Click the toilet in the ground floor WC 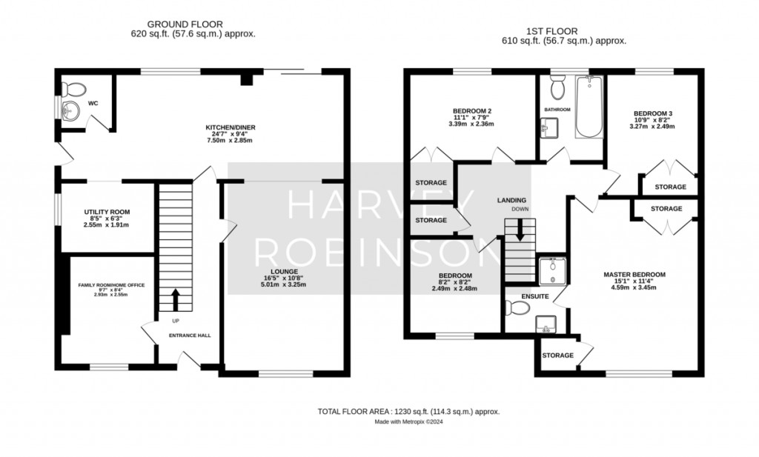(74, 90)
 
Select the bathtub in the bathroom (589, 107)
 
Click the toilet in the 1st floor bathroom (558, 87)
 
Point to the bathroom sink (549, 127)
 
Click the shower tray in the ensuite (552, 271)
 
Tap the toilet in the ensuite (517, 307)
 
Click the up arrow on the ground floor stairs (175, 300)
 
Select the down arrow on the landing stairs (520, 230)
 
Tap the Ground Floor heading (185, 24)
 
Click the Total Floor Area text (408, 412)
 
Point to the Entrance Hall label (190, 335)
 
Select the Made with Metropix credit (408, 421)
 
